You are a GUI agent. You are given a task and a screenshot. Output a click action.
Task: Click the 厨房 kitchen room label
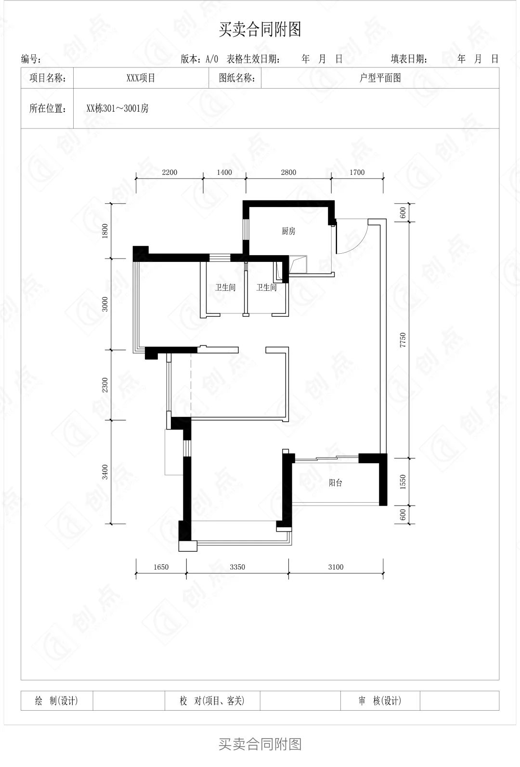coord(288,231)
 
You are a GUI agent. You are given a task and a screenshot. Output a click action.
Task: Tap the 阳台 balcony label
coord(335,483)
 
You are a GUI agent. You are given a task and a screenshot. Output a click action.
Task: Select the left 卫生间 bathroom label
coord(225,287)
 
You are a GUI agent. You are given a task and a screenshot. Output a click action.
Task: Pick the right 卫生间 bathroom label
coord(266,287)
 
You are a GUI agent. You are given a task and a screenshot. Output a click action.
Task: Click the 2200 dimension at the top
coord(169,172)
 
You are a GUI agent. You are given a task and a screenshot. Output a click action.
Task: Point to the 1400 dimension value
coord(224,172)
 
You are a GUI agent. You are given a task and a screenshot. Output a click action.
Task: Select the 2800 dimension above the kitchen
coord(288,172)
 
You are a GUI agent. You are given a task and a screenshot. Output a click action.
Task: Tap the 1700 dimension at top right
coord(357,172)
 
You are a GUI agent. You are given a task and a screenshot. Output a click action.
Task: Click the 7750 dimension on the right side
coord(403,339)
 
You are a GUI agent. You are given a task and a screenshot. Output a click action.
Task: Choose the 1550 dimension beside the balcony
coord(403,481)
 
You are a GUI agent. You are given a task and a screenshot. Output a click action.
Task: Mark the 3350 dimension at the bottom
coord(237,567)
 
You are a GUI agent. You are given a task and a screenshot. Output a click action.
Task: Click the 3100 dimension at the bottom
coord(336,567)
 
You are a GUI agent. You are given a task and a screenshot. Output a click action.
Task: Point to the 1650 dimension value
coord(161,567)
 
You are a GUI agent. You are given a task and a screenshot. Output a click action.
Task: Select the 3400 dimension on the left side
coord(105,472)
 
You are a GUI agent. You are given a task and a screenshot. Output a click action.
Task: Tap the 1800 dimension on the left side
coord(105,231)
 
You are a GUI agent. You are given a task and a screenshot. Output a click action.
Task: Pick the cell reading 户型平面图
coord(380,78)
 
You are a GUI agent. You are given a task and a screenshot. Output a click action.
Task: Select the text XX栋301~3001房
coord(117,108)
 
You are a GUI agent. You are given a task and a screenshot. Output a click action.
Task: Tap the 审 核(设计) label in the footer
coord(379,701)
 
